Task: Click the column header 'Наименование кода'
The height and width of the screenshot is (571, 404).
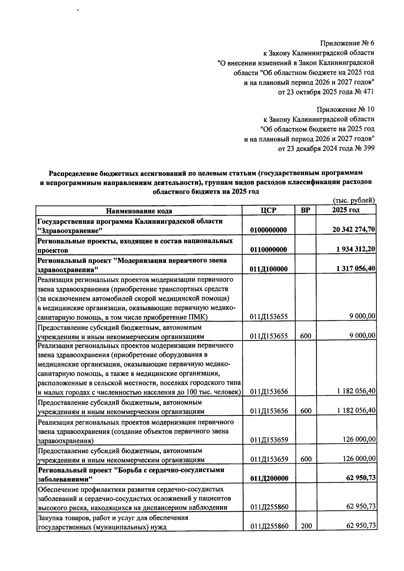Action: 139,211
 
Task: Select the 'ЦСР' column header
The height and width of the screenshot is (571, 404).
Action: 268,211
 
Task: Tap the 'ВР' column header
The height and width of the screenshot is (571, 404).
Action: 305,211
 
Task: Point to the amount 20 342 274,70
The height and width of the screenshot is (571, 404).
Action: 354,230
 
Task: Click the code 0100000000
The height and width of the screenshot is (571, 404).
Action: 268,230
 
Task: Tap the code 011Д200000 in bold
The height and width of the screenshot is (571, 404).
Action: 269,478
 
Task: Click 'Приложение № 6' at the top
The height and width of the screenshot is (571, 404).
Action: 347,43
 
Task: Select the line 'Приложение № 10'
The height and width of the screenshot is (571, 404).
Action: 345,110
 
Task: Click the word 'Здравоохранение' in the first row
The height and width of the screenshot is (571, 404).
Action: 70,231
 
